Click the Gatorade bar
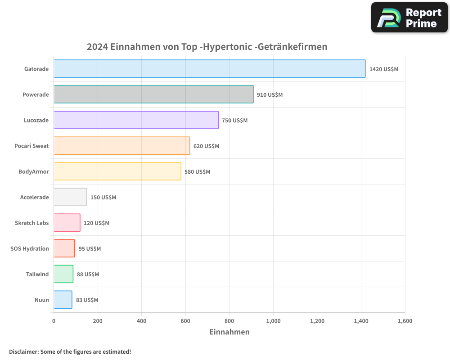(x=209, y=69)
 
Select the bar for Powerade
(x=153, y=94)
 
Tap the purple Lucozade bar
(x=136, y=120)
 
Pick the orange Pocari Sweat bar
(x=121, y=146)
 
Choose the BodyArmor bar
(x=117, y=171)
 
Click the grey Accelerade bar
(x=70, y=197)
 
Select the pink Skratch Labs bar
(x=67, y=223)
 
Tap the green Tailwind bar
(x=63, y=274)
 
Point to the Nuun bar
(x=63, y=300)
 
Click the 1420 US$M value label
(x=383, y=69)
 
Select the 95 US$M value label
(x=90, y=249)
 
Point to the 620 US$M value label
(x=206, y=146)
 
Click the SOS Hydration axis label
(x=30, y=249)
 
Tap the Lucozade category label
(x=36, y=121)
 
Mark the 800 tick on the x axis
(x=229, y=321)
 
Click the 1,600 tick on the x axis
(x=405, y=321)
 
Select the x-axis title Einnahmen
(x=229, y=332)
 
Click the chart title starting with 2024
(x=207, y=47)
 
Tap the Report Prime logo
(x=409, y=18)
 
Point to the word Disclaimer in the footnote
(x=23, y=352)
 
